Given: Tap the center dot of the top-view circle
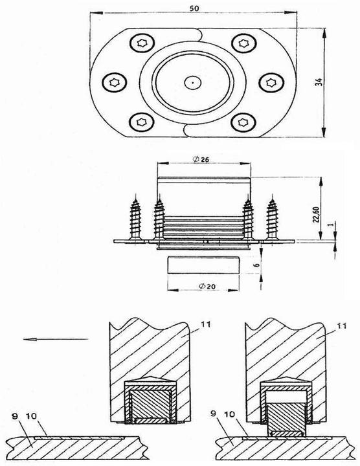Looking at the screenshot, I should click(x=192, y=82).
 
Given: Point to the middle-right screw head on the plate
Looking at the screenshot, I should click(x=270, y=82).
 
